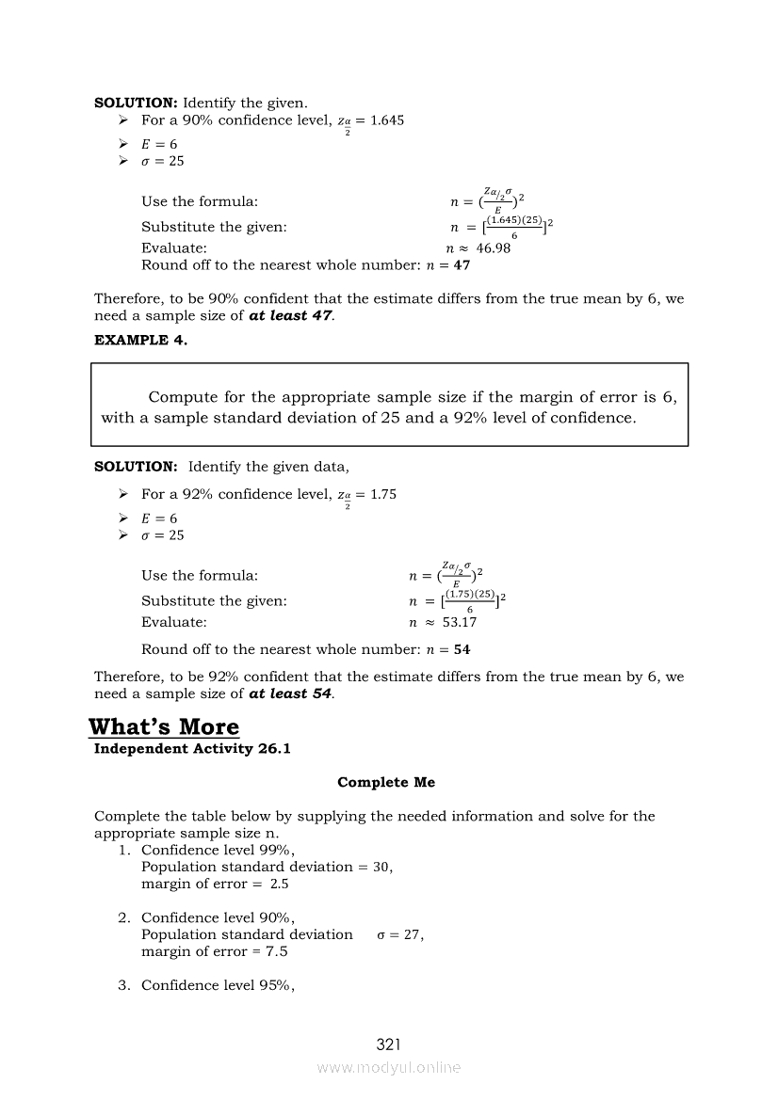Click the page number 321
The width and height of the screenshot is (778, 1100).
click(x=389, y=1044)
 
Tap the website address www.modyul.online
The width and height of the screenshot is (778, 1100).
click(x=389, y=1068)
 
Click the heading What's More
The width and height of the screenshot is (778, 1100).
click(x=164, y=727)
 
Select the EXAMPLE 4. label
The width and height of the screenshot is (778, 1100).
click(x=140, y=341)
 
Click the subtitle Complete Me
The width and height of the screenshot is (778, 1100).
click(x=386, y=783)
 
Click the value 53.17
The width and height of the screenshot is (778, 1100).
click(x=460, y=622)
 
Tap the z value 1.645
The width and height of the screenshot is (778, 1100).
click(x=387, y=120)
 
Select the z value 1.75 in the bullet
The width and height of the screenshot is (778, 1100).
click(x=383, y=494)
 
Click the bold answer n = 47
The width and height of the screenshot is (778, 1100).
click(x=448, y=265)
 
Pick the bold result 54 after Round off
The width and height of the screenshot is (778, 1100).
click(x=462, y=649)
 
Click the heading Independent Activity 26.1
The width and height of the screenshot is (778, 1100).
click(x=173, y=749)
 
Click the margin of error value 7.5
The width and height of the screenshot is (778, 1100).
click(x=277, y=951)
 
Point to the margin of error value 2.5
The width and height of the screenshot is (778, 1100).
click(x=279, y=884)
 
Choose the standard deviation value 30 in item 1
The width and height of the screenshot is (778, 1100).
click(x=381, y=867)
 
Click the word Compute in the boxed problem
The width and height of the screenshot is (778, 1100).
click(x=181, y=398)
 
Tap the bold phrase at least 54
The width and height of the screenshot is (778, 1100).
click(x=290, y=693)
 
